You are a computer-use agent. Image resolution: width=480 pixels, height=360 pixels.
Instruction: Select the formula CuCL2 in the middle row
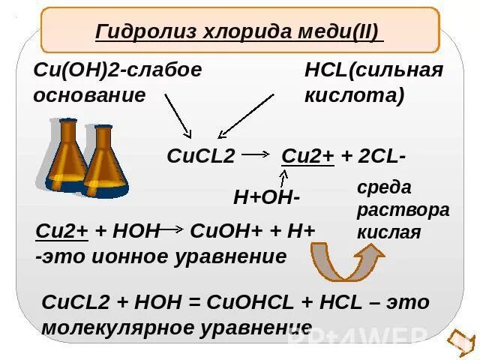click(x=200, y=156)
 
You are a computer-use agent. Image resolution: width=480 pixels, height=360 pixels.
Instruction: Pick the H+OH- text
click(x=267, y=197)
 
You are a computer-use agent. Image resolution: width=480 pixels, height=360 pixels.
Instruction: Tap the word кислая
click(x=388, y=232)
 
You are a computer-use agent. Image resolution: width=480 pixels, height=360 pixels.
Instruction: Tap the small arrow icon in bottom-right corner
click(x=458, y=342)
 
